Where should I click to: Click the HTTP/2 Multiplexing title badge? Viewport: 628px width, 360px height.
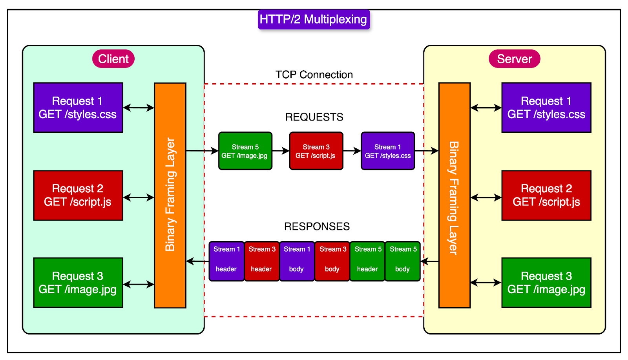point(314,19)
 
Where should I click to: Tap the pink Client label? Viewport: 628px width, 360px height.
point(113,59)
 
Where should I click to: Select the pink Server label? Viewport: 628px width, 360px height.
point(514,59)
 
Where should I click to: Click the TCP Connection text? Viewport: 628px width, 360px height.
point(314,75)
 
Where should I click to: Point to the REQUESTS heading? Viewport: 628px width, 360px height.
point(314,117)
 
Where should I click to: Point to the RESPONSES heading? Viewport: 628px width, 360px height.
point(317,227)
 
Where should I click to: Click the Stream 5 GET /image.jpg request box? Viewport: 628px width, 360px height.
point(245,151)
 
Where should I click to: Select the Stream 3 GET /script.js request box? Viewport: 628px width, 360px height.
point(316,151)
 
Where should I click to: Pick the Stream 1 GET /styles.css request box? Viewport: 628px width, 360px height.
point(388,151)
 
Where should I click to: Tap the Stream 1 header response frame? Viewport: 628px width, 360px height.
point(226,261)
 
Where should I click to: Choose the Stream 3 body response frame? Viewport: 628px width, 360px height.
point(332,261)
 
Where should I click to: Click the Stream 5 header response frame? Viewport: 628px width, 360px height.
point(367,261)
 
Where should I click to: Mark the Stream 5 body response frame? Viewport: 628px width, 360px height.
point(403,261)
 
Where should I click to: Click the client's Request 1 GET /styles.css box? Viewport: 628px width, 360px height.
point(78,108)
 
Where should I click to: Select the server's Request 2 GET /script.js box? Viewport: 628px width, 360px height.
point(546,196)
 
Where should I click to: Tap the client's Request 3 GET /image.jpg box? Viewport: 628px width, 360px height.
point(78,283)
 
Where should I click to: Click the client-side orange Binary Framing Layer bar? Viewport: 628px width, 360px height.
point(170,195)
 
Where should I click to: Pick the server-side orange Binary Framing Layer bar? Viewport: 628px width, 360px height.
point(454,195)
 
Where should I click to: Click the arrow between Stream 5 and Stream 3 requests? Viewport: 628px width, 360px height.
point(281,151)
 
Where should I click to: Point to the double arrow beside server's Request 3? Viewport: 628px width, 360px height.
point(486,282)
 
